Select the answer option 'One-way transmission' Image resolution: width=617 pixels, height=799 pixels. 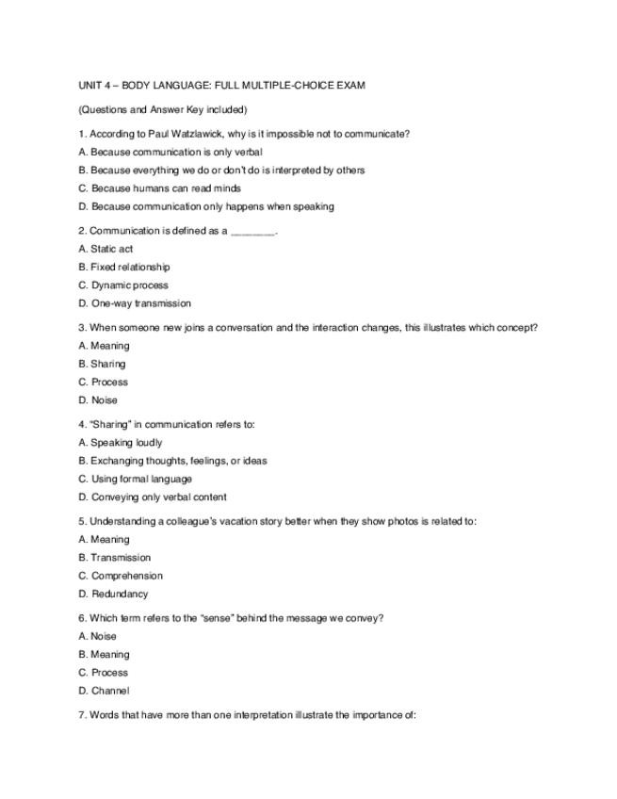[135, 303]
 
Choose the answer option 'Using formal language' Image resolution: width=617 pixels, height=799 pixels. [135, 479]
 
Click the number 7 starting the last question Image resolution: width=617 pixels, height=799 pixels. [82, 715]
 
